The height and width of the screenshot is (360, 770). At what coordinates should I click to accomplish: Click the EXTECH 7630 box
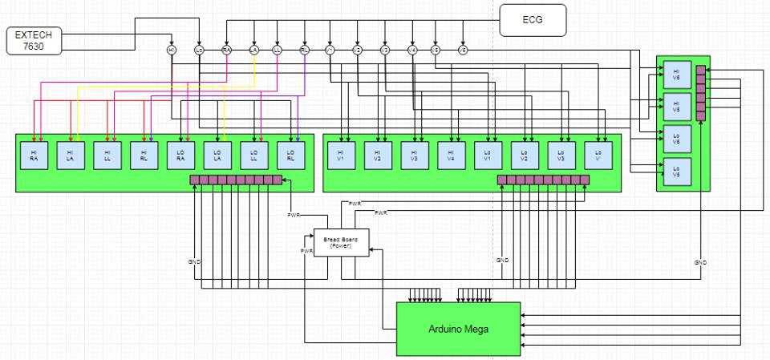[x=34, y=42]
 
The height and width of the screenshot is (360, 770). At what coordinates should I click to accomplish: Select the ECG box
[x=533, y=20]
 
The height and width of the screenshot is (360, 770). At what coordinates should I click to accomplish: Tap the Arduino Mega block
[x=458, y=328]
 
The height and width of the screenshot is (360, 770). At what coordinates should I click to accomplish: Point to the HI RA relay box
[x=34, y=154]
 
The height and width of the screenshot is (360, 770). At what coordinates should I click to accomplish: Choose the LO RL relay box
[x=290, y=154]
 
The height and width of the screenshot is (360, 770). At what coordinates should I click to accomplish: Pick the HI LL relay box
[x=107, y=154]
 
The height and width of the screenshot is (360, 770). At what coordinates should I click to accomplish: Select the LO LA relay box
[x=217, y=154]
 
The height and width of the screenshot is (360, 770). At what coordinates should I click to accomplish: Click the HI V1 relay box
[x=340, y=154]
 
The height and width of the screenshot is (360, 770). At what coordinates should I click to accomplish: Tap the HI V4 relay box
[x=450, y=154]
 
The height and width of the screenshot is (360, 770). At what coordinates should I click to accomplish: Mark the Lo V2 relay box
[x=523, y=154]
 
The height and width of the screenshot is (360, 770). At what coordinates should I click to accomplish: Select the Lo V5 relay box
[x=676, y=170]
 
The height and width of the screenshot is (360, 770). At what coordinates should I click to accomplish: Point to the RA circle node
[x=227, y=50]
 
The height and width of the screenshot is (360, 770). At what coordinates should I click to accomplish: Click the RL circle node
[x=304, y=50]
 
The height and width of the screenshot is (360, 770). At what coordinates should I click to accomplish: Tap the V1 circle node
[x=330, y=50]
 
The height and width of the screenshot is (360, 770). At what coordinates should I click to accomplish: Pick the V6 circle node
[x=463, y=50]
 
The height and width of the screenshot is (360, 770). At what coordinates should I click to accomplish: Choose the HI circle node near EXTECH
[x=172, y=50]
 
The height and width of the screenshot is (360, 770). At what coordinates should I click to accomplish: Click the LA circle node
[x=254, y=50]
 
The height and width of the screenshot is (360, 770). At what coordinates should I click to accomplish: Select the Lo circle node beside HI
[x=199, y=50]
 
